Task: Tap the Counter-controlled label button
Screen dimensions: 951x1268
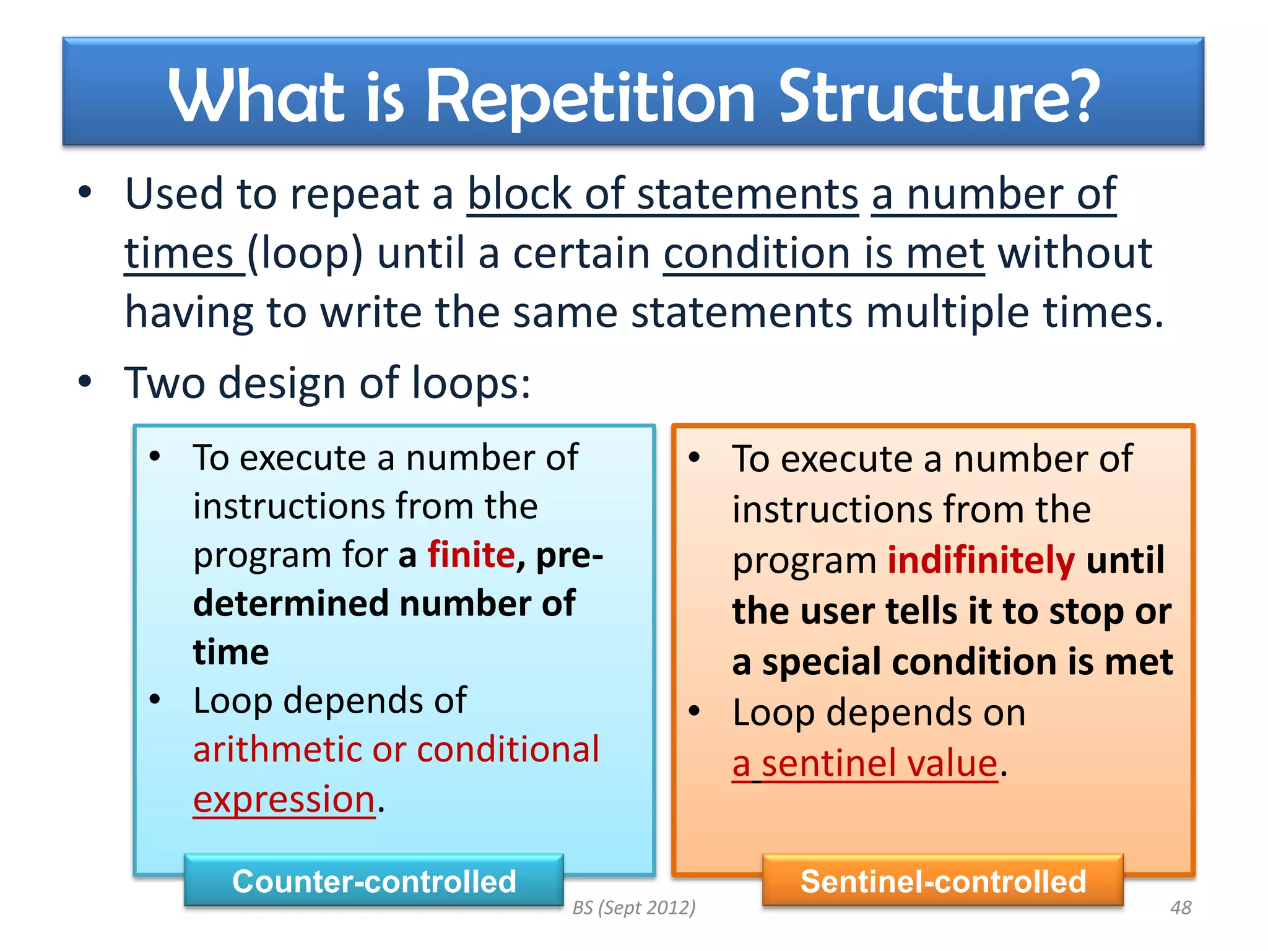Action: point(374,881)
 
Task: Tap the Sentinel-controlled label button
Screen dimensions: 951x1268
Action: point(943,881)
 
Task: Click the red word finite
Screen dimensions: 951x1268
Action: point(471,555)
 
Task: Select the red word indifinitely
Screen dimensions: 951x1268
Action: point(981,560)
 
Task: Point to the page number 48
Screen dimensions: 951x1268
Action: point(1180,908)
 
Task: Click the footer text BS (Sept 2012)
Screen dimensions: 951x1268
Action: point(634,908)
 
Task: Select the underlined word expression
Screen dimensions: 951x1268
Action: point(284,799)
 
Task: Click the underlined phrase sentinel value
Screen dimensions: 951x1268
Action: point(879,763)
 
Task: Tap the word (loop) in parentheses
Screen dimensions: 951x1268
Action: point(305,253)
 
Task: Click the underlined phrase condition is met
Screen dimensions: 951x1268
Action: point(823,253)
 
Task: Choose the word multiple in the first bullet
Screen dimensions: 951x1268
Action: point(947,311)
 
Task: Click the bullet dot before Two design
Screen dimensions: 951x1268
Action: point(85,382)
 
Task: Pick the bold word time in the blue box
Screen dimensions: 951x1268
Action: point(231,652)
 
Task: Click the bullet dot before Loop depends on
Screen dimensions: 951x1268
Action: point(694,711)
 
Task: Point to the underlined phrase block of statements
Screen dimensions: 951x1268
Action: point(662,194)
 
